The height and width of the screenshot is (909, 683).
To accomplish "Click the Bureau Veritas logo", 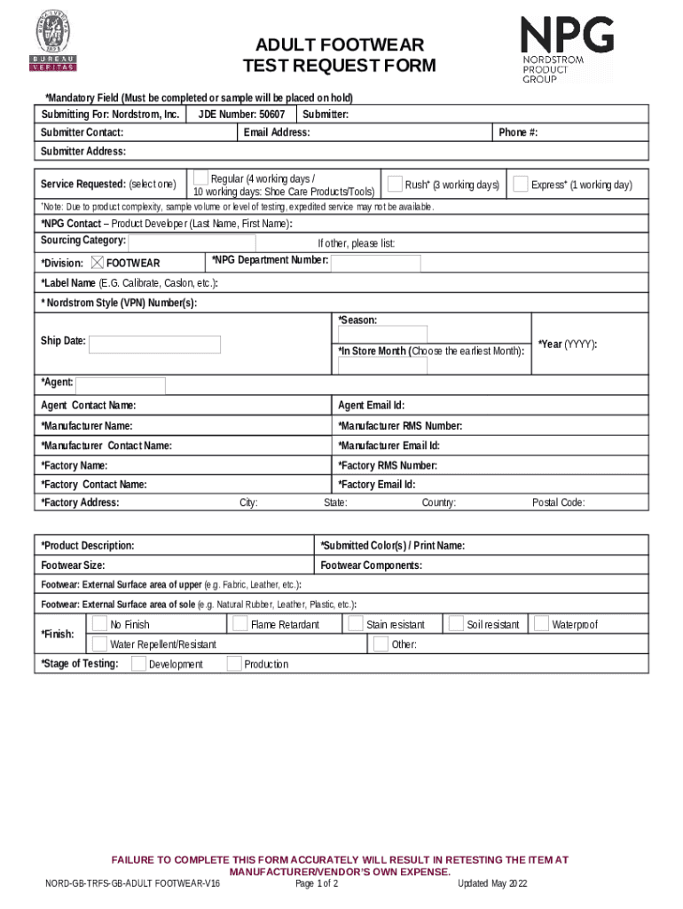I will point(54,42).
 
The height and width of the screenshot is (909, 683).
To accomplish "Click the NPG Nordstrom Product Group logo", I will point(566,50).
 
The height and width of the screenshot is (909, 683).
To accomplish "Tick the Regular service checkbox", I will point(200,178).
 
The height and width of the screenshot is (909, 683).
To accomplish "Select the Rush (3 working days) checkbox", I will point(395,184).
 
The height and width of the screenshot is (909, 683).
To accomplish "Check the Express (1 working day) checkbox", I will point(521,184).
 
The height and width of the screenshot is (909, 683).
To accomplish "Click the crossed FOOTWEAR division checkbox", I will point(98,263).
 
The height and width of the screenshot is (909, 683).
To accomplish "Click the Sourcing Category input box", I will point(192,243).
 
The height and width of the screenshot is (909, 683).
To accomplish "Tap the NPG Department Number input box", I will point(376,264).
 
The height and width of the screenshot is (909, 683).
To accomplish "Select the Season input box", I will point(382,335).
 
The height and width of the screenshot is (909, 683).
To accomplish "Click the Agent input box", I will point(121,385).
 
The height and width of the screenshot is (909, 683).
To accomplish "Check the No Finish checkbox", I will point(99,624).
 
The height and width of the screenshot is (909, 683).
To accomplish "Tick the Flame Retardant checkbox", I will point(239,624).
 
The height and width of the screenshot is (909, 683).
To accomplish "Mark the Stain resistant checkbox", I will point(356,624).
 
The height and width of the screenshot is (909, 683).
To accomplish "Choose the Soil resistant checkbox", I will point(456,624).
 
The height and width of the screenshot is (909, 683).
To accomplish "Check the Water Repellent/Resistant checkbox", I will point(99,644).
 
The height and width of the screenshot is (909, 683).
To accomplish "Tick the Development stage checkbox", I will point(138,663).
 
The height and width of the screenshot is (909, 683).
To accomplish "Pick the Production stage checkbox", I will point(234,663).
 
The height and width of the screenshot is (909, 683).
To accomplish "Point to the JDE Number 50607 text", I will point(241,115).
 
